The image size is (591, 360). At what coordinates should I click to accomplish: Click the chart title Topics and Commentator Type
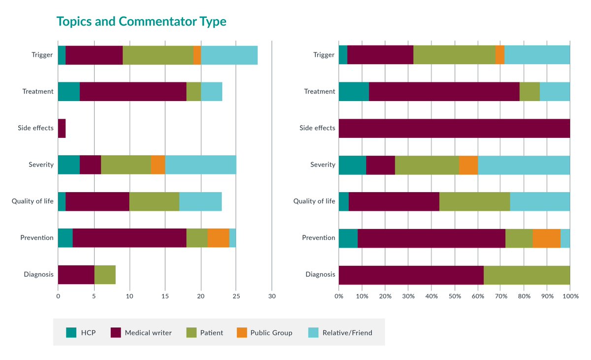(141, 22)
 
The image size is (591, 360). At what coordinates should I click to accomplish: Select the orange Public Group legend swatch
(241, 332)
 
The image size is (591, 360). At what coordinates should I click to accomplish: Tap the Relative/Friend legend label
(347, 332)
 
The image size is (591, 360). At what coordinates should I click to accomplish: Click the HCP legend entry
(81, 332)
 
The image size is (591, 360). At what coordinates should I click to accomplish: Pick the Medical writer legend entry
(141, 332)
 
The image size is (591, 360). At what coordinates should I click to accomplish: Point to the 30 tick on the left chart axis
(272, 296)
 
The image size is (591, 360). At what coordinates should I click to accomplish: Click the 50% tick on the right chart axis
(454, 296)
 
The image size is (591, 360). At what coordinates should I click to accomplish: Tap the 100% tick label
(570, 296)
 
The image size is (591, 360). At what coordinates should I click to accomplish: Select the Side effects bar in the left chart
(62, 128)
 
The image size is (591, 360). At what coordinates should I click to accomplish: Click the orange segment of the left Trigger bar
(197, 55)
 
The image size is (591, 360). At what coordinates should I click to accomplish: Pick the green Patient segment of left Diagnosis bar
(105, 274)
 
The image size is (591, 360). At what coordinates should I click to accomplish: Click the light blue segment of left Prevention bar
(232, 238)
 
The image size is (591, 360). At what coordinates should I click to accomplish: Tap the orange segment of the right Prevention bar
(546, 238)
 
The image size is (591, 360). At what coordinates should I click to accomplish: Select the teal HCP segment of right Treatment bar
(354, 92)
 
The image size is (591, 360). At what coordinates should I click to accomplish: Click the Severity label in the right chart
(323, 164)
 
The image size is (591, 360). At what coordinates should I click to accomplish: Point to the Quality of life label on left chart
(33, 201)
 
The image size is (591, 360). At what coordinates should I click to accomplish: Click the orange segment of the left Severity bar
(158, 164)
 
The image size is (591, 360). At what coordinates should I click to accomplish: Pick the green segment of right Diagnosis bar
(526, 274)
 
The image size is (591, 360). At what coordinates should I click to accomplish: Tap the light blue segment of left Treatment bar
(211, 92)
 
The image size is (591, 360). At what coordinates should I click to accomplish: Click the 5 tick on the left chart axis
(94, 296)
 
